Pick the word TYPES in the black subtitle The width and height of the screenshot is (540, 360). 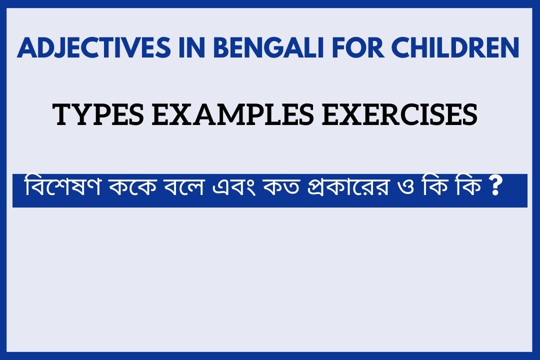pos(98,114)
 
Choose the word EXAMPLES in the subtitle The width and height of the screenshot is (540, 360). pos(233,114)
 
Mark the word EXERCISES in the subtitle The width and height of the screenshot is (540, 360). pos(400,114)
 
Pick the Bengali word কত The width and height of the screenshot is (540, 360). pos(281,188)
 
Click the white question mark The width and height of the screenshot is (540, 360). pos(495,186)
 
